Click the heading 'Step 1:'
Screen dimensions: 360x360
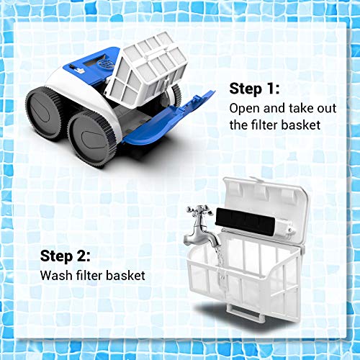(256, 88)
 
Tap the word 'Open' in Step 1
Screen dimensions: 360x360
(243, 108)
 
